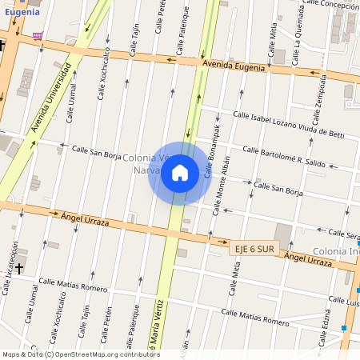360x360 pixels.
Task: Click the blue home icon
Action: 180,173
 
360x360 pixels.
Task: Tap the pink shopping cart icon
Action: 38,35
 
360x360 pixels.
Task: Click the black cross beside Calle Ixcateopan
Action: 19,268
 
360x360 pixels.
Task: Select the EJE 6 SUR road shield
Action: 254,249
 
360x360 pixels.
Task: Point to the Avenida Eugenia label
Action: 234,66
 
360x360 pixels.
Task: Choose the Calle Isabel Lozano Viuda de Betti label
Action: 288,125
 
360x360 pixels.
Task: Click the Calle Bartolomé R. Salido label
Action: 284,155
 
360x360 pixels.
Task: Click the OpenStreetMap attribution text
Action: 80,354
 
